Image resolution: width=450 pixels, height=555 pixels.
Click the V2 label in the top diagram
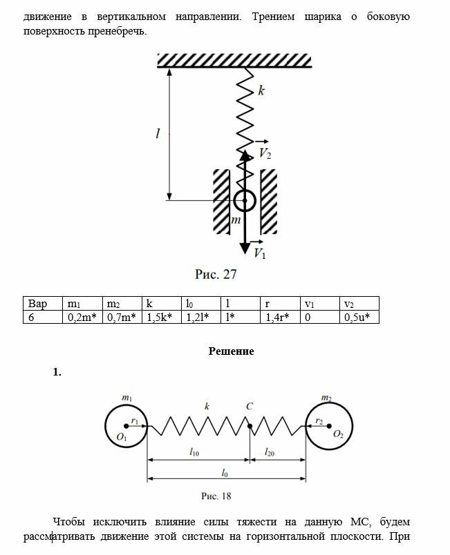(265, 154)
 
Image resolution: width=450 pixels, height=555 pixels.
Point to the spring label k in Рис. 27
(261, 90)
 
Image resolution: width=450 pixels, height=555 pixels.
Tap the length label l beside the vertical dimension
(158, 135)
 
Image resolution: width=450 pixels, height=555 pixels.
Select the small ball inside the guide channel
(244, 201)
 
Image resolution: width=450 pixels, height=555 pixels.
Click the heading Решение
(231, 351)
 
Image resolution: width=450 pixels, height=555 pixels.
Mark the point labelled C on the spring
(249, 427)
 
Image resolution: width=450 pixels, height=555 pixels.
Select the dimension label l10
(196, 451)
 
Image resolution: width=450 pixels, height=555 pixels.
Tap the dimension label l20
(272, 451)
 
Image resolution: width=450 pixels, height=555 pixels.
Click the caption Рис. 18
(216, 496)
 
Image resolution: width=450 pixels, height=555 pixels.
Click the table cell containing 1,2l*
(200, 317)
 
